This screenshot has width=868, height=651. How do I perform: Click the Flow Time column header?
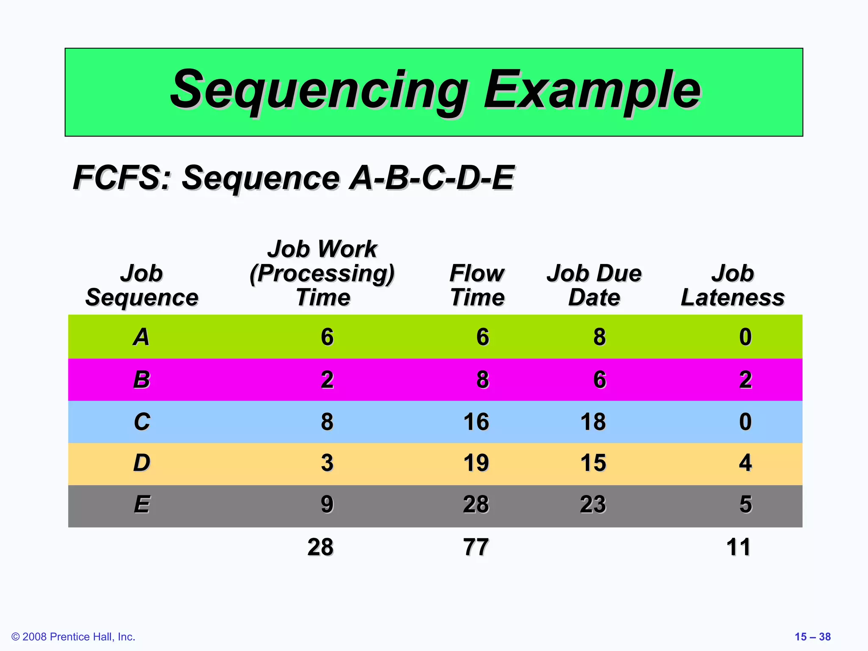point(477,285)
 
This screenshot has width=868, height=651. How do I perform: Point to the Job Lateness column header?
point(732,285)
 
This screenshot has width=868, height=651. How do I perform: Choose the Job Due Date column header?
point(594,285)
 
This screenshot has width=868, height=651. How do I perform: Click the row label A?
point(142,337)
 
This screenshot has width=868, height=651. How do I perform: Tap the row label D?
point(142,463)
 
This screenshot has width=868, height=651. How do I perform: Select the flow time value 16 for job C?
point(476,422)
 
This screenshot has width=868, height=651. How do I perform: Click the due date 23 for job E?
point(593,505)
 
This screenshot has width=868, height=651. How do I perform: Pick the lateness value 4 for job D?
point(745,463)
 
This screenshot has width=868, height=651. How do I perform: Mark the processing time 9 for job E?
point(327,505)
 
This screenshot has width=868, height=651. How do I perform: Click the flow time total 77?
point(476,547)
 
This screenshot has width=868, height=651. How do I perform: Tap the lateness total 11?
point(738,547)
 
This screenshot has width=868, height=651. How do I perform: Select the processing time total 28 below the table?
point(320,547)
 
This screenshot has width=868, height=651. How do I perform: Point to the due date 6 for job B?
point(599,380)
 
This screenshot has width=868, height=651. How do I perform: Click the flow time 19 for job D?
point(476,463)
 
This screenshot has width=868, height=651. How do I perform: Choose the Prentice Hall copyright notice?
point(73,637)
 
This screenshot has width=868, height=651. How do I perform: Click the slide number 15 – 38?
point(812,637)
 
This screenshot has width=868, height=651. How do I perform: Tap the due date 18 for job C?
point(593,422)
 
